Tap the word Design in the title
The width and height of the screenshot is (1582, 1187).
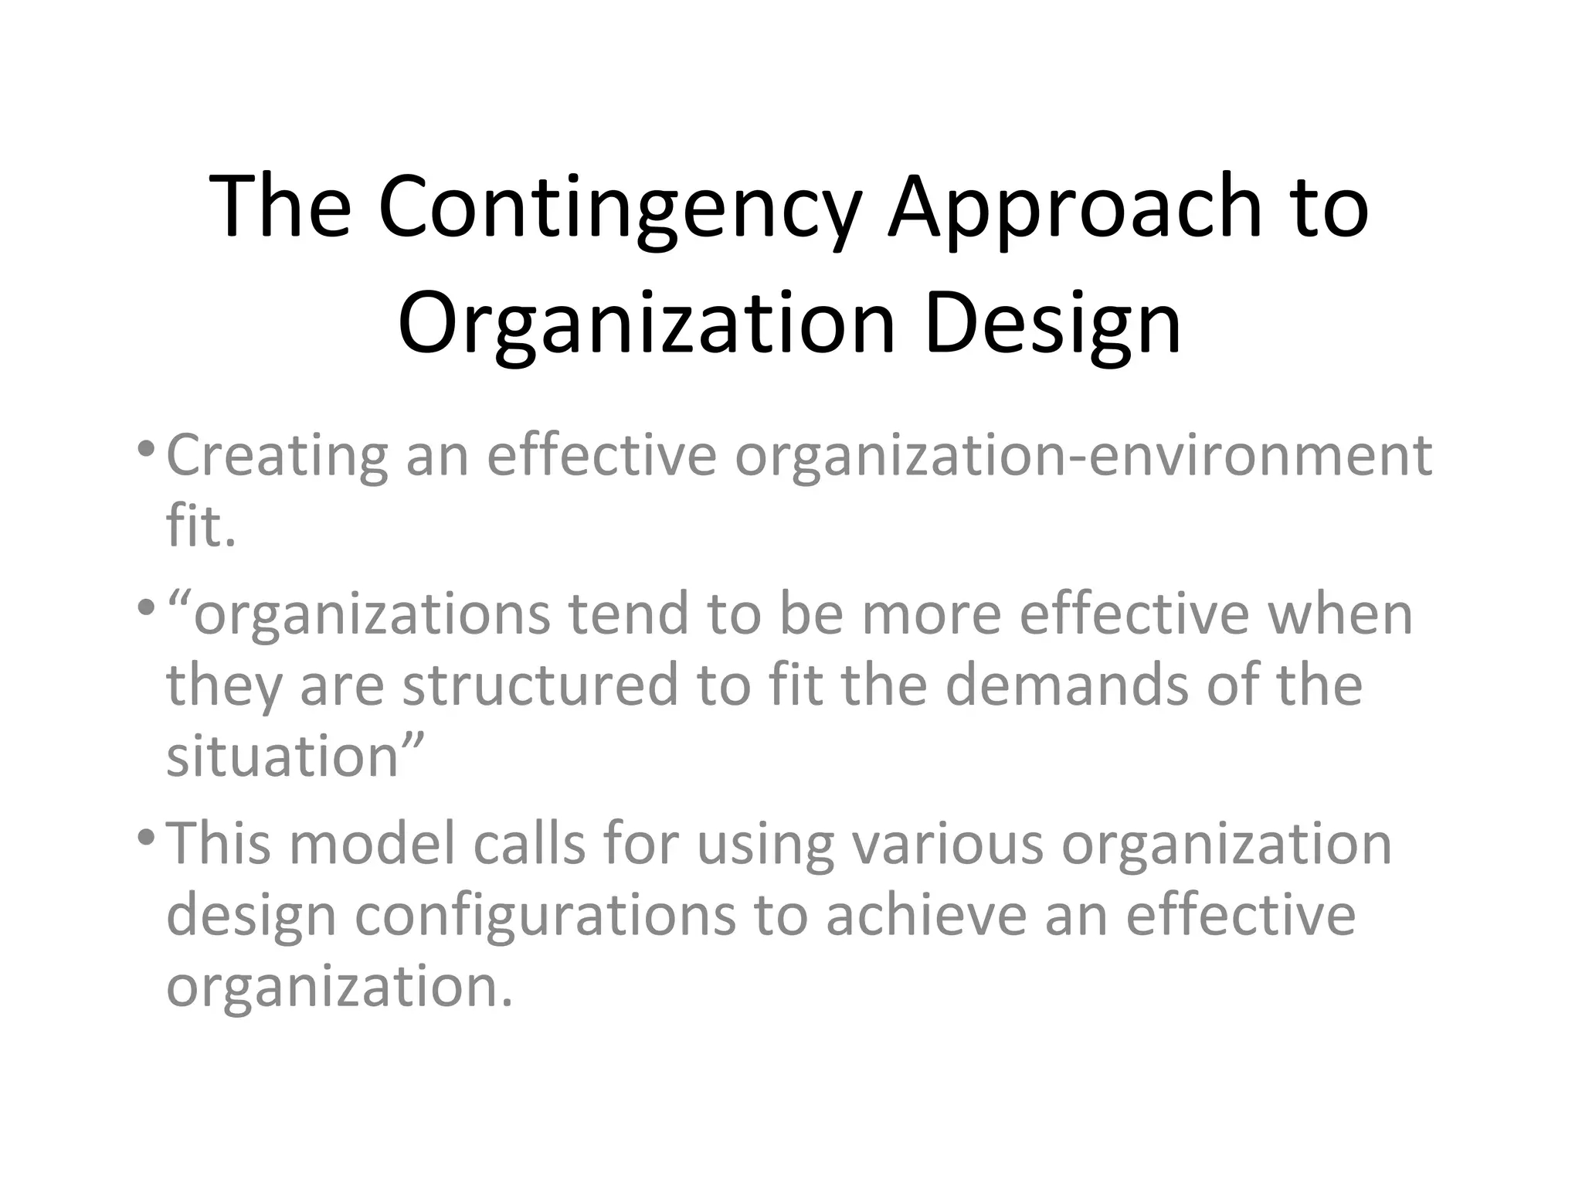(1052, 325)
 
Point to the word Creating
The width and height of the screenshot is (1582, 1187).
(277, 456)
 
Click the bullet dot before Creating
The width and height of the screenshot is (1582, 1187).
(144, 448)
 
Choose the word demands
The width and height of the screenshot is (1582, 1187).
(1067, 685)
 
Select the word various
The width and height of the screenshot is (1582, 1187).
(947, 843)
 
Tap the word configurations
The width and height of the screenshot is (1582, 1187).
(545, 916)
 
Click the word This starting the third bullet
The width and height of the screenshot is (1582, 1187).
(219, 843)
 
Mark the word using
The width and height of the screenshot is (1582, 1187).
(765, 845)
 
